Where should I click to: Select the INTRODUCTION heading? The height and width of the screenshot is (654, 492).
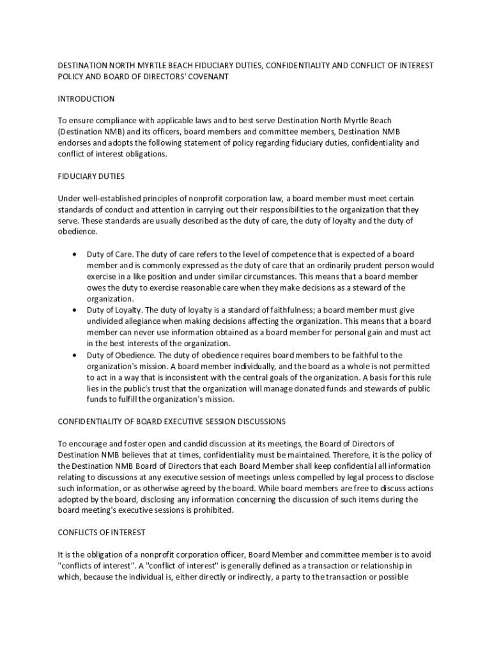pyautogui.click(x=86, y=99)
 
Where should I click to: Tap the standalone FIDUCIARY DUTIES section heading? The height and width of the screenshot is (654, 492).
pyautogui.click(x=91, y=176)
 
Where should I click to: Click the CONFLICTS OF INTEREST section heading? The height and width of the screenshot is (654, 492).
pyautogui.click(x=102, y=532)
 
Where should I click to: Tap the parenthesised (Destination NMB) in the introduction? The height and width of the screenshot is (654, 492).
pyautogui.click(x=91, y=132)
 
